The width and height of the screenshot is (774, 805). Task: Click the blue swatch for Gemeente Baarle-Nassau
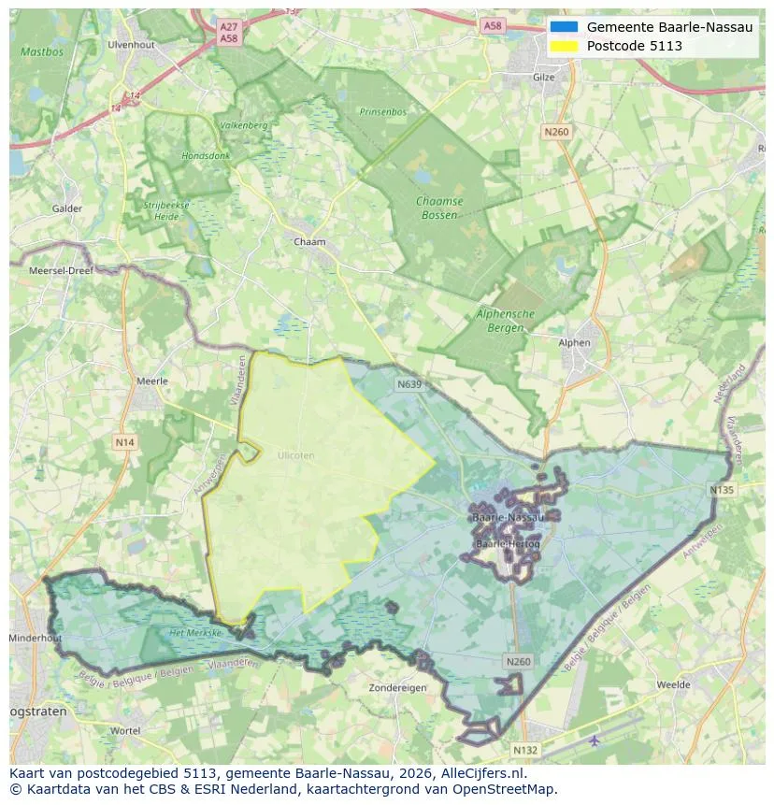click(x=565, y=27)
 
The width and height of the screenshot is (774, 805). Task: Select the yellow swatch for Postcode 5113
click(x=565, y=46)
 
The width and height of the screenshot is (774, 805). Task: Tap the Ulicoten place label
click(x=296, y=455)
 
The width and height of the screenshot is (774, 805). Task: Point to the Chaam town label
click(x=309, y=242)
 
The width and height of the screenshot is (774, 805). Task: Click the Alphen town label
click(x=574, y=343)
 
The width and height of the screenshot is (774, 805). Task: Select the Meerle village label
click(x=152, y=381)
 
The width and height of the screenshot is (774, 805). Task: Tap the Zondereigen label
click(x=398, y=687)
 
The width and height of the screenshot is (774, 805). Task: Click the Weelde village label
click(x=673, y=685)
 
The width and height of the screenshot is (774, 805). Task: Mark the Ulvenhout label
click(x=131, y=45)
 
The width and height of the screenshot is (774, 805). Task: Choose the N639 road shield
click(x=408, y=384)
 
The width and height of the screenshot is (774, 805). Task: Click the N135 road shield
click(x=722, y=490)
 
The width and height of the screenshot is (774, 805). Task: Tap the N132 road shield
click(x=525, y=750)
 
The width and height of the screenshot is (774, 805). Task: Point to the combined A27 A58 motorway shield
click(x=229, y=34)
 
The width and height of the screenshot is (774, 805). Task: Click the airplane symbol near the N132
click(x=595, y=740)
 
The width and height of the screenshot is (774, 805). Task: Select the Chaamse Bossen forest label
click(x=437, y=208)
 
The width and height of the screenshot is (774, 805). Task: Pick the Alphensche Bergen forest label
click(x=505, y=321)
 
